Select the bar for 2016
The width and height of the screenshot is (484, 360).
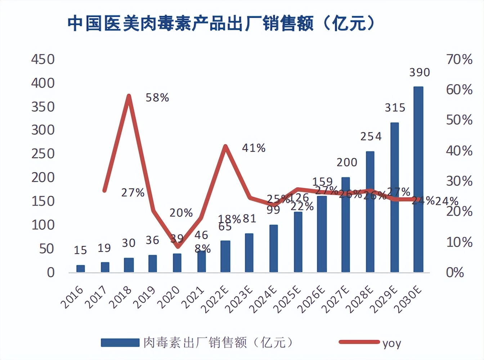[x=81, y=269]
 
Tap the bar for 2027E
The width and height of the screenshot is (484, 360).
[x=345, y=225]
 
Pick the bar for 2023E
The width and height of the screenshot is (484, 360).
[x=249, y=253]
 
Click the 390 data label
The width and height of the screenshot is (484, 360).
[x=420, y=72]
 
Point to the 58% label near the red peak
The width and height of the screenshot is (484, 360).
[x=157, y=98]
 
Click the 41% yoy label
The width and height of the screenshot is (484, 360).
[x=254, y=148]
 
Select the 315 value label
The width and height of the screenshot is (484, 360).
[x=395, y=108]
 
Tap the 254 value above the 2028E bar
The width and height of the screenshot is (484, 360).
[x=371, y=136]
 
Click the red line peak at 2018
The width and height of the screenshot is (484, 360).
[x=129, y=96]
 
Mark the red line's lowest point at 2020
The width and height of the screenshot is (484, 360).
[x=178, y=247]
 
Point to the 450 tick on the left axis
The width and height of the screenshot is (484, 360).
[x=43, y=59]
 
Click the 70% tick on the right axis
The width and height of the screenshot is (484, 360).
[x=459, y=59]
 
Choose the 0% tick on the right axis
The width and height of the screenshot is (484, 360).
[x=455, y=273]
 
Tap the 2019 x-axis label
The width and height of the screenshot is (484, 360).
[x=144, y=297]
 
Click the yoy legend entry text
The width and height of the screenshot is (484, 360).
[x=392, y=343]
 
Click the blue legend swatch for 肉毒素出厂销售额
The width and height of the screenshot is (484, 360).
[x=120, y=342]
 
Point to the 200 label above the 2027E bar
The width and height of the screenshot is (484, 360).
[x=347, y=162]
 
